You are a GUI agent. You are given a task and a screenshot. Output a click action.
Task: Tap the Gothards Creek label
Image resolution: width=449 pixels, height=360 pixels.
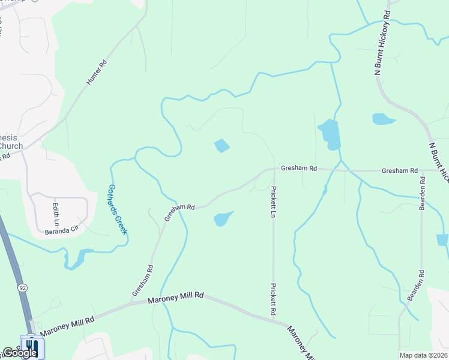118,209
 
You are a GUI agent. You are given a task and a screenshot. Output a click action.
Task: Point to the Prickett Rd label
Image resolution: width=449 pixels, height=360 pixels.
273,299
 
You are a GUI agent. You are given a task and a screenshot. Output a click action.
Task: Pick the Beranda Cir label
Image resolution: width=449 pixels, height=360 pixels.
62,228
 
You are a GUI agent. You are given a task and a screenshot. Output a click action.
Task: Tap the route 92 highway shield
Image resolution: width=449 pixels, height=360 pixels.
23,288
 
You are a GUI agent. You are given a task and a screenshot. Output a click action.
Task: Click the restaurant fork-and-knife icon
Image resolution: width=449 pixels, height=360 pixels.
31,346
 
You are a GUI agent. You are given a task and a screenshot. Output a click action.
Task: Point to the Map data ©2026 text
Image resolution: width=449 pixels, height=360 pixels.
423,355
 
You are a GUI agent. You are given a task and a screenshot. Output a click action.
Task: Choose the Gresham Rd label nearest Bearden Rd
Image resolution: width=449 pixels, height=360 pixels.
399,171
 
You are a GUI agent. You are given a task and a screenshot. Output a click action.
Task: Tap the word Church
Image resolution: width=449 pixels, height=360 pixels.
11,146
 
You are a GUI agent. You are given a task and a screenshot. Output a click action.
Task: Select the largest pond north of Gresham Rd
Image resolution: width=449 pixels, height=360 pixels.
330,134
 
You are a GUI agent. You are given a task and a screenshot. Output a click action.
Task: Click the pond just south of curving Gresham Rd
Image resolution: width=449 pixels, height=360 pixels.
223,218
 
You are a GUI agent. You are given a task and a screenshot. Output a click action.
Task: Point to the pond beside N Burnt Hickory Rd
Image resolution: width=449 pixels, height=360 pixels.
383,119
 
